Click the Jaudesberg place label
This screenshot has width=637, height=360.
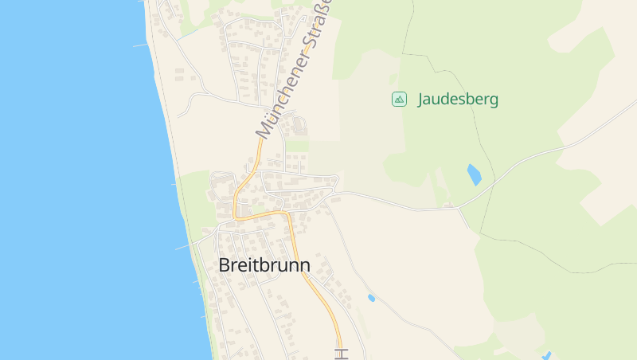(x=458, y=100)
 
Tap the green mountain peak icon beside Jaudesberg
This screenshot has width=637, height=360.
(x=399, y=100)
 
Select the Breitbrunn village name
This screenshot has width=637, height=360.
(x=264, y=265)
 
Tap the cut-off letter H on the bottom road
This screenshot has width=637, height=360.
(x=342, y=353)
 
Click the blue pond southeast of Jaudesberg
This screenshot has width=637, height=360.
(x=474, y=174)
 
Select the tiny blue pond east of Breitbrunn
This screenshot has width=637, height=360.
(x=371, y=298)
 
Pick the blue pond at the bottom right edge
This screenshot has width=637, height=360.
(x=546, y=355)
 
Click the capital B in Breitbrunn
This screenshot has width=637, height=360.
(x=225, y=265)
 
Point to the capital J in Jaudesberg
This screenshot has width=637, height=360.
(x=421, y=100)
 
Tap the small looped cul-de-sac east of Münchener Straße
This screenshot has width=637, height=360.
(x=299, y=124)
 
